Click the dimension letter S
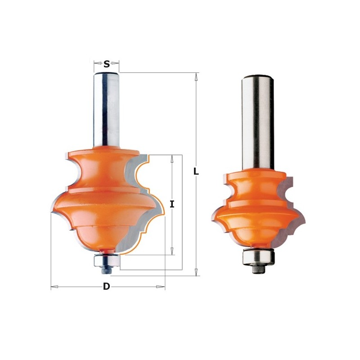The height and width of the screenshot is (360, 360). coord(106,64)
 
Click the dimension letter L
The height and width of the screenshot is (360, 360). coord(196,171)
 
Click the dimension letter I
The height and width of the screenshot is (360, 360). coord(172,204)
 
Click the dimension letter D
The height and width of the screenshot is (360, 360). coord(106,287)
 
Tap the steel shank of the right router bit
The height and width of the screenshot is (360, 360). coord(257,121)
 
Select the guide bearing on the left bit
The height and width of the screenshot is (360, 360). coord(106,260)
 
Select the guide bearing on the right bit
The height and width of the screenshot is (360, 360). coord(257,256)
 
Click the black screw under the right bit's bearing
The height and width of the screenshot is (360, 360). coord(257,268)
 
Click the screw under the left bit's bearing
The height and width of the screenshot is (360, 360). coord(103,270)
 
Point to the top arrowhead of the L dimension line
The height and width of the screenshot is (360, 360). coord(196,76)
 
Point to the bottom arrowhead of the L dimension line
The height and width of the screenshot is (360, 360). coord(196,272)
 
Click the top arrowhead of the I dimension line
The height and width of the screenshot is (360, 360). coord(172,158)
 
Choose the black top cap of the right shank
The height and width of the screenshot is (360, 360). coord(257,76)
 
